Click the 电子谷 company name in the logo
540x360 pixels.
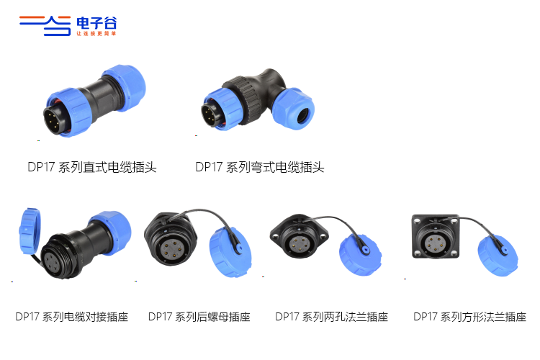[x=96, y=23]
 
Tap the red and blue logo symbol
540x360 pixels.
[x=45, y=25]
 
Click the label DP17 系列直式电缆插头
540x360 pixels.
[x=92, y=167]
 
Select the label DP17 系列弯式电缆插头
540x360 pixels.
[x=260, y=167]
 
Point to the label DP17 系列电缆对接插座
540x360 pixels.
[x=71, y=317]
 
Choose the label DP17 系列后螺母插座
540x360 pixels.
[x=199, y=317]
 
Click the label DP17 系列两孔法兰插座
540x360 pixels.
[x=332, y=317]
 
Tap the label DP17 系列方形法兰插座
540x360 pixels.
[x=469, y=317]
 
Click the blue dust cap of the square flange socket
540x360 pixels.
[x=498, y=255]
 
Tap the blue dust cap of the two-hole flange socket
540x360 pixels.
[x=360, y=255]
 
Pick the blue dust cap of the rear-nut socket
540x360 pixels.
[x=230, y=252]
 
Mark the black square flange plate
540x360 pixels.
[x=436, y=236]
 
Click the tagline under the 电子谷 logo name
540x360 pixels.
[x=96, y=33]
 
